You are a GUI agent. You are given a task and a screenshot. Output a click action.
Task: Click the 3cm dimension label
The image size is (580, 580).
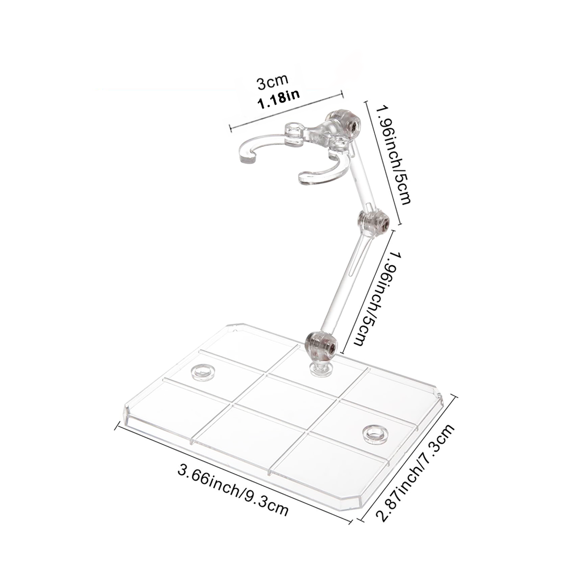point(272,82)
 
